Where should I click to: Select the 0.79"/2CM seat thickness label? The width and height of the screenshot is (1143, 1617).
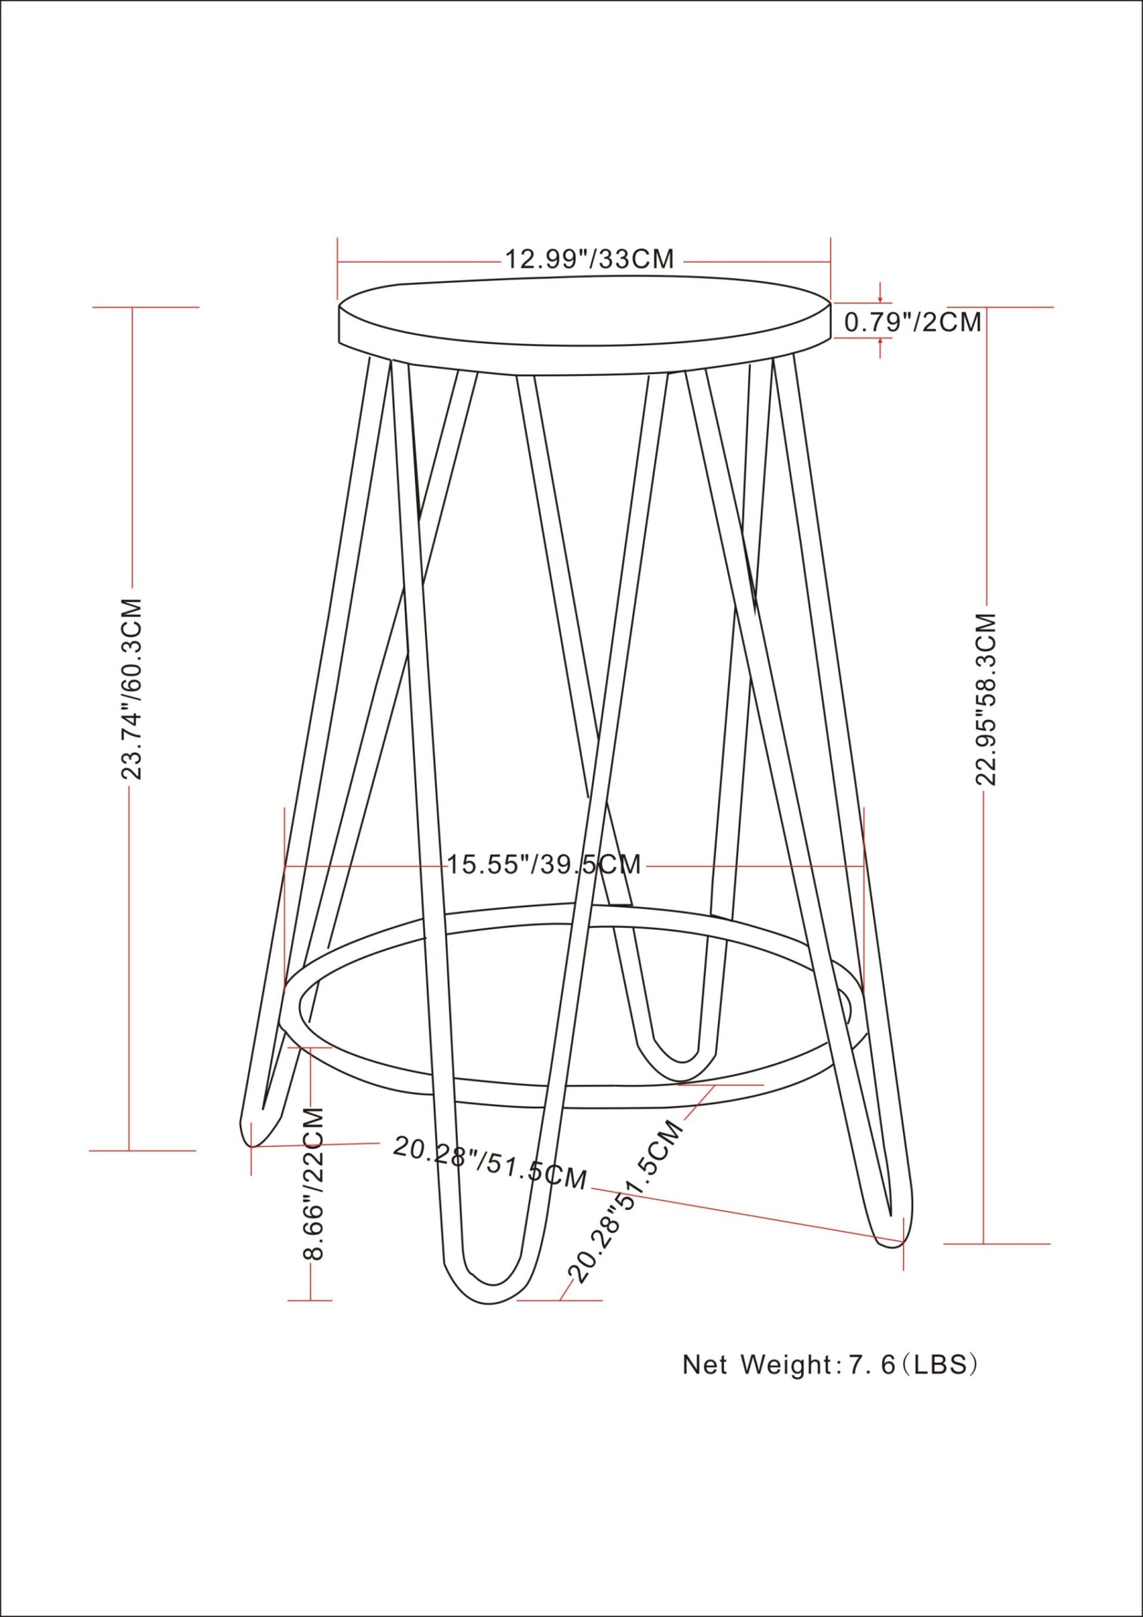pyautogui.click(x=913, y=322)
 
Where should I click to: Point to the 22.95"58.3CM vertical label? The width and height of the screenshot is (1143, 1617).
pyautogui.click(x=986, y=699)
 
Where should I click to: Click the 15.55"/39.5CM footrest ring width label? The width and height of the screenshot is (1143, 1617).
pyautogui.click(x=544, y=864)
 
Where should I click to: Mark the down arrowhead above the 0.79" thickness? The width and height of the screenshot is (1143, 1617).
pyautogui.click(x=880, y=300)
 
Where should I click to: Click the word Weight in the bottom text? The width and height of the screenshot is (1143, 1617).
pyautogui.click(x=784, y=1364)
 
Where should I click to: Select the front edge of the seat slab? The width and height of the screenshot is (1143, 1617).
pyautogui.click(x=585, y=359)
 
